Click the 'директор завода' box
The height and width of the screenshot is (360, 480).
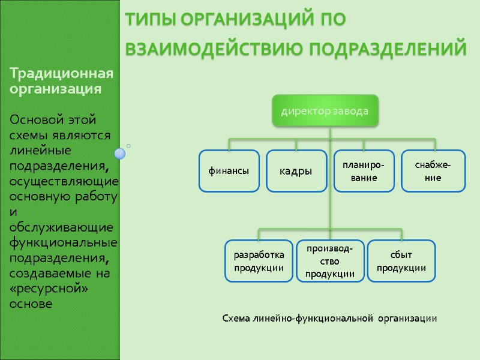(325, 111)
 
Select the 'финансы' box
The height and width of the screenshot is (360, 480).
(229, 171)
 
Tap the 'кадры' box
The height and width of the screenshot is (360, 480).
(296, 171)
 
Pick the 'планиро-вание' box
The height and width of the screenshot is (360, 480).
(364, 171)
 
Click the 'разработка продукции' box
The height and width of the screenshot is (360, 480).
(259, 262)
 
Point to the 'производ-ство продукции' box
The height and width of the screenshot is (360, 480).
(330, 262)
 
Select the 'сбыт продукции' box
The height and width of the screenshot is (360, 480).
(401, 262)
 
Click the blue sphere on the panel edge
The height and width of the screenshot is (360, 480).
(120, 154)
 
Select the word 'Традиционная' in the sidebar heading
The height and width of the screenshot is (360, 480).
(61, 74)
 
